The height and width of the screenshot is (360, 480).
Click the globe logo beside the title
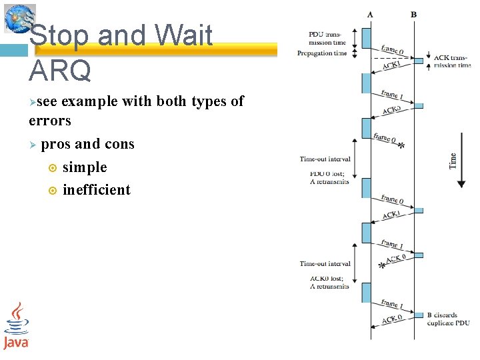coord(19,18)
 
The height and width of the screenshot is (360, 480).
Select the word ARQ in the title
coord(61,69)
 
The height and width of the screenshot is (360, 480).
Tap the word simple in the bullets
coord(85,167)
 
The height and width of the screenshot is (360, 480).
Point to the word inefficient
coord(97,189)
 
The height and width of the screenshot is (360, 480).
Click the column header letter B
coord(413,14)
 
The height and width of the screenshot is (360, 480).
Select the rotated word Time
coord(453,160)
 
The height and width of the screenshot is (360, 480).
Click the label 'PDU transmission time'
coord(327,38)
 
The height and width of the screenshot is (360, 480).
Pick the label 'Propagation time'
coord(322,53)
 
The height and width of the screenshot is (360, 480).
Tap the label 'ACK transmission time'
coord(452,61)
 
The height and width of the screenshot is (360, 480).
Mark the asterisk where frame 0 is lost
coord(401,147)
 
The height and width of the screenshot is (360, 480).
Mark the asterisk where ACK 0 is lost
coord(382,266)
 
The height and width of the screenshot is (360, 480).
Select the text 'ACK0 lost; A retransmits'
coord(329,282)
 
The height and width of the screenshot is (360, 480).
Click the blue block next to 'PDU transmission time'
coord(366,38)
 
